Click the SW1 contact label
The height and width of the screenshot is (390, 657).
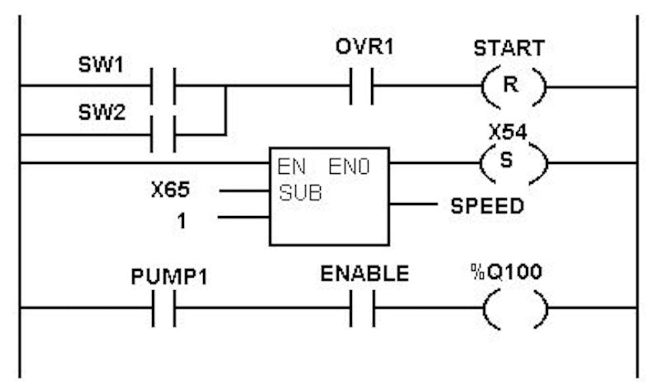(x=96, y=67)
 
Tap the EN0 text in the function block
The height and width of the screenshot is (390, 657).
(x=349, y=168)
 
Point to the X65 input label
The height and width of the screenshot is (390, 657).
(x=170, y=191)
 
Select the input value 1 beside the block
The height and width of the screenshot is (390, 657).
(x=181, y=221)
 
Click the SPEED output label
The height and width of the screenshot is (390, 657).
(x=487, y=206)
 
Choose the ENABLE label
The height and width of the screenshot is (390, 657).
(x=365, y=274)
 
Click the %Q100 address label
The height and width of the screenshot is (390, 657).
(x=509, y=273)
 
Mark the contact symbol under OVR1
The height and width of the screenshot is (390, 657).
(x=361, y=87)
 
